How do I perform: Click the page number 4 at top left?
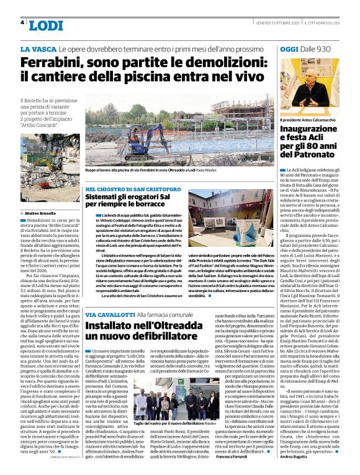click(22, 22)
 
